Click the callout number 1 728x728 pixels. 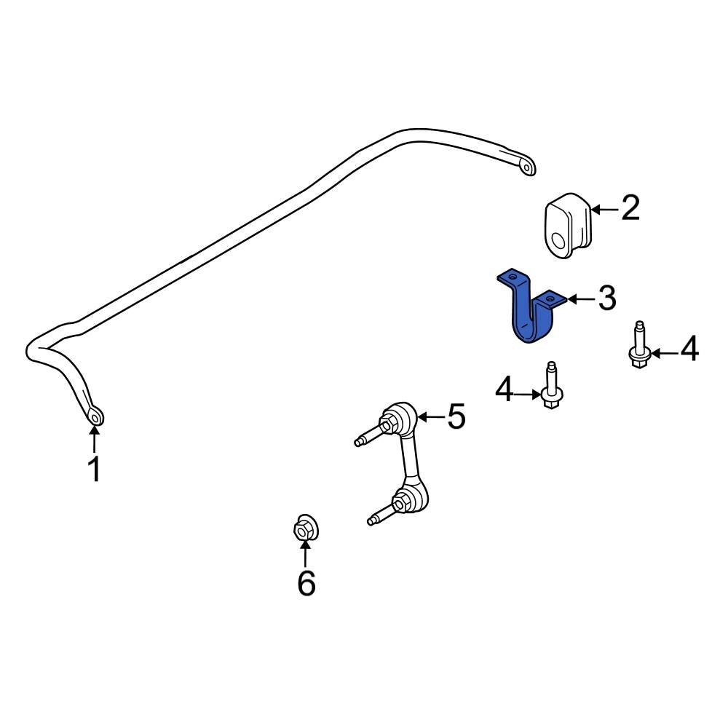94,469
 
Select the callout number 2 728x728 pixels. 630,208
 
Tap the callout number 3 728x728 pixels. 606,298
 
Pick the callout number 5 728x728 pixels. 456,417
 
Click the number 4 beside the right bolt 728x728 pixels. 688,350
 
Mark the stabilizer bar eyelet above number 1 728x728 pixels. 95,417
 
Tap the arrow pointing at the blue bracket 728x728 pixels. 581,298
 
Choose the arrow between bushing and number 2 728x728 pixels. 604,210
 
